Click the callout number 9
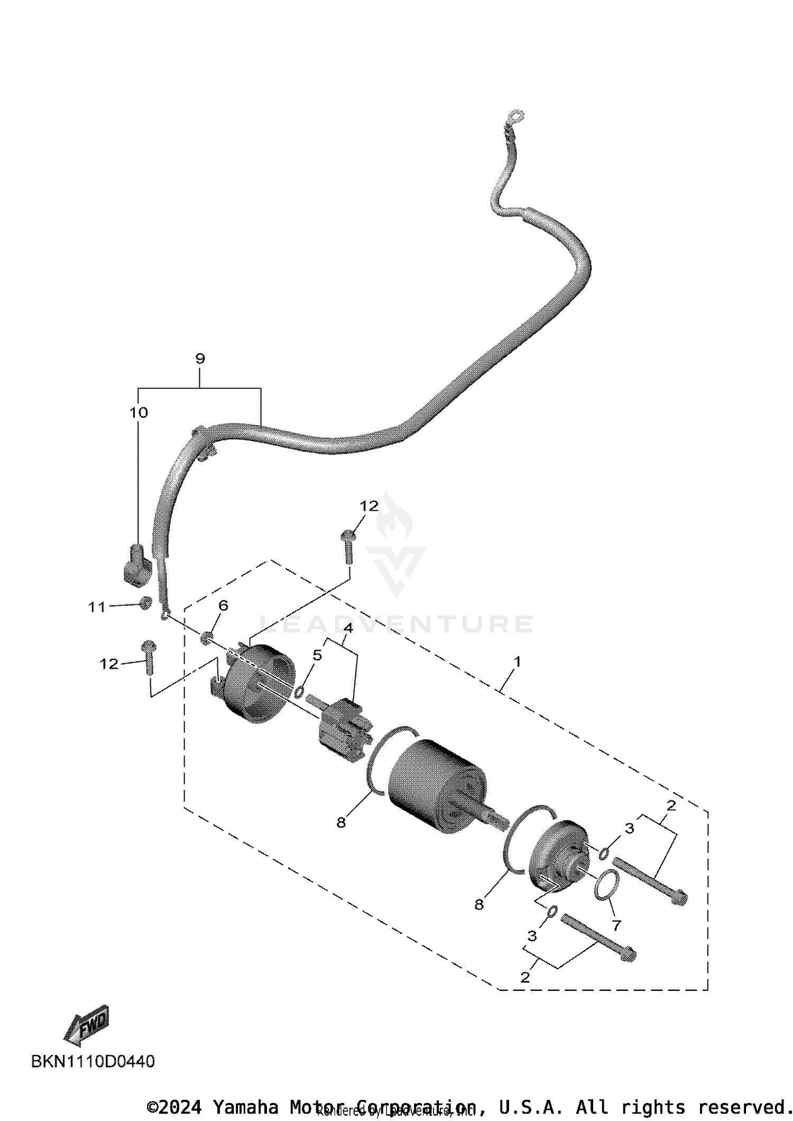200,359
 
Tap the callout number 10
139,412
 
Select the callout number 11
97,608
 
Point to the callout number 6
223,605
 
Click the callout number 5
317,655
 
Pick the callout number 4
348,628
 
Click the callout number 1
517,661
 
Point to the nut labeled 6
207,638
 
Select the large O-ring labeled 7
606,885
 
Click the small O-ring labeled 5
299,692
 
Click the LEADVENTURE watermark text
396,624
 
